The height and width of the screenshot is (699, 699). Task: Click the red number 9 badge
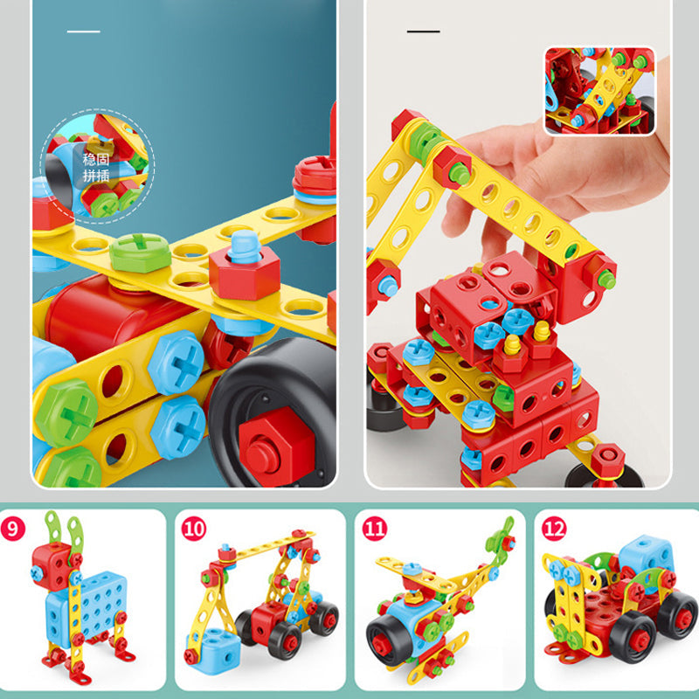tap(13, 529)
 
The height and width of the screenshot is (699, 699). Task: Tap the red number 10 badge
tap(193, 529)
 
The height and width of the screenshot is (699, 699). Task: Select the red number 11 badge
tap(375, 529)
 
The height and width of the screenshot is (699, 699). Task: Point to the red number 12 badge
tap(554, 529)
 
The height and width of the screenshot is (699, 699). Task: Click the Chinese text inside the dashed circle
tap(96, 167)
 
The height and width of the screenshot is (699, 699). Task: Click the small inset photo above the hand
tap(600, 91)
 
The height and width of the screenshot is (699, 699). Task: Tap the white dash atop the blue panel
tap(83, 31)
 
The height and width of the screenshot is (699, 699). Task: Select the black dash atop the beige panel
tap(423, 31)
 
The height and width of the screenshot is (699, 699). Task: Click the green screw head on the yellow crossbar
tap(141, 253)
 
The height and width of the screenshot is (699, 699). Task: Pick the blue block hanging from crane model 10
tap(213, 646)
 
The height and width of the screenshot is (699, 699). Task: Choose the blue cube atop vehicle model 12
tap(646, 555)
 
